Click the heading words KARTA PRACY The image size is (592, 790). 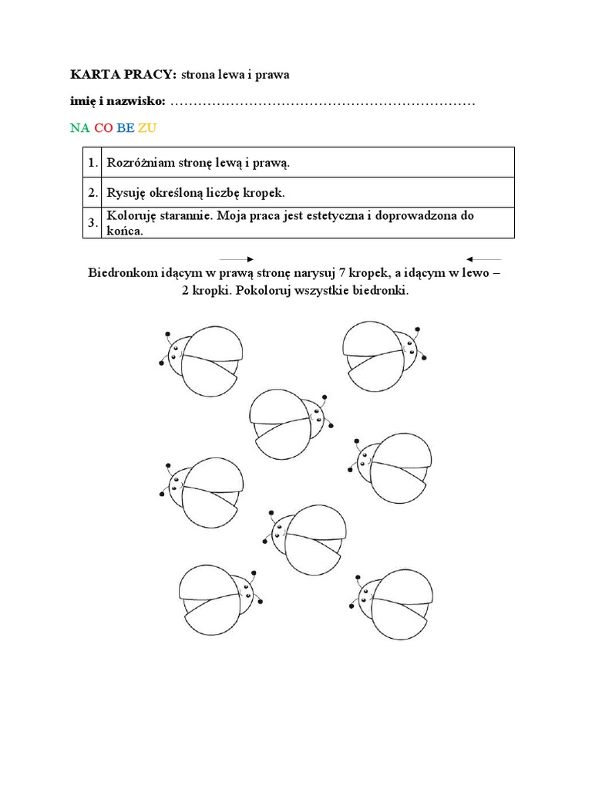123,74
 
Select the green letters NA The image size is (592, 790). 79,128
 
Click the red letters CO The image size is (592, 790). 103,128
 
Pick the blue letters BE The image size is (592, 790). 125,128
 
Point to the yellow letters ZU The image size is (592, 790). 146,128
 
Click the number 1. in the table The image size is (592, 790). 92,163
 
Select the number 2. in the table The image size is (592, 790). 92,192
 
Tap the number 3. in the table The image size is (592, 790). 92,223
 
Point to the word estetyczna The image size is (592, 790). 325,215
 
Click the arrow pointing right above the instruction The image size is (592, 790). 237,259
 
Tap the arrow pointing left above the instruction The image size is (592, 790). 484,259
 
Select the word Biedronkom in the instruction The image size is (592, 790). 123,274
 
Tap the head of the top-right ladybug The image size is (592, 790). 407,349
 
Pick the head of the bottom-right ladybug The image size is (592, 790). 370,593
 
